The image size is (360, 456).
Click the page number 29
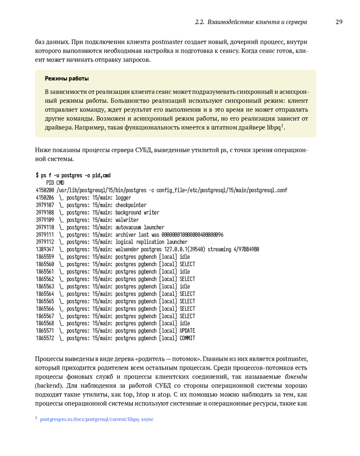(x=339, y=22)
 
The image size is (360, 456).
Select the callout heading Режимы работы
(x=67, y=79)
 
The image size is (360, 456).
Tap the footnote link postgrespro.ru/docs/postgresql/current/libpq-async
(x=96, y=419)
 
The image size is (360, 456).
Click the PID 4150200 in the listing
(x=45, y=190)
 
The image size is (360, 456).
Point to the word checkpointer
(x=131, y=205)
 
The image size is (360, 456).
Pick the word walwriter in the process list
(x=127, y=220)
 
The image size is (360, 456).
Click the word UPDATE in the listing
(x=187, y=331)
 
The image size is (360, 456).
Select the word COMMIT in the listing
(x=187, y=338)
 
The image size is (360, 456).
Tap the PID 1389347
(x=45, y=250)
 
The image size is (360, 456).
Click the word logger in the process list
(x=123, y=198)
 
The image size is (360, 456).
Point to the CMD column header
(x=60, y=183)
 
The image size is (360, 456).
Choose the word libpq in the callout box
(x=274, y=128)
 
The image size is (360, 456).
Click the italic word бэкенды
(x=296, y=377)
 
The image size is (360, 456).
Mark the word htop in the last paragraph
(x=143, y=395)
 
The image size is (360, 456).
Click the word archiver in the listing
(x=126, y=235)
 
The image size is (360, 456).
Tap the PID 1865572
(x=45, y=338)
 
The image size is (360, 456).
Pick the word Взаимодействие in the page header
(x=231, y=22)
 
